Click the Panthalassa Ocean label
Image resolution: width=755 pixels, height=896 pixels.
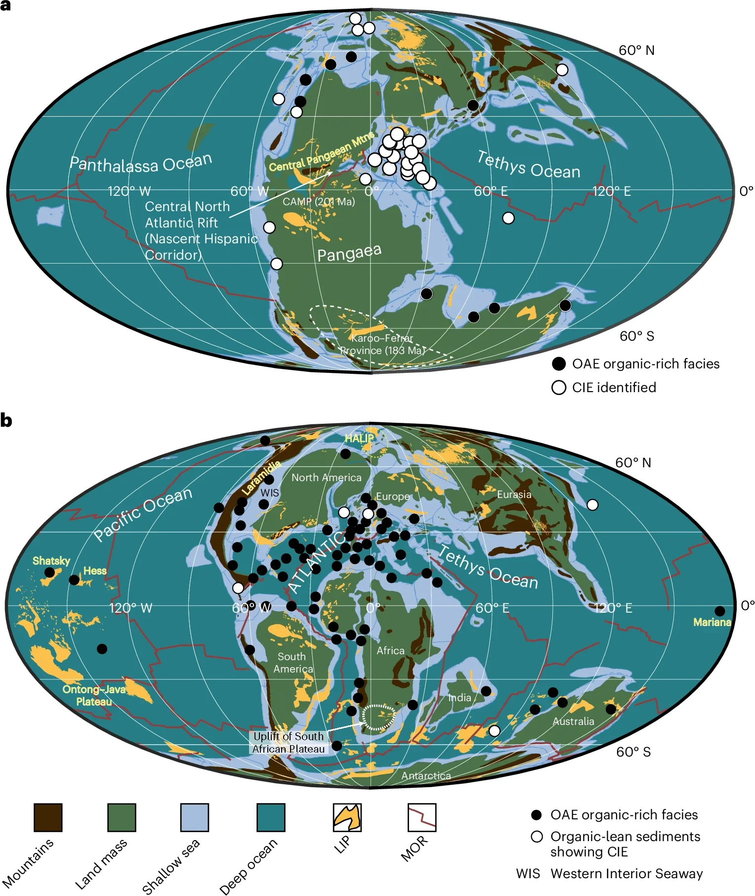point(141,164)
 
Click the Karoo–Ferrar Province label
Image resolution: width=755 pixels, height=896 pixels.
point(382,344)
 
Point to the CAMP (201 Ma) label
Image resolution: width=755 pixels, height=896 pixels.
point(319,202)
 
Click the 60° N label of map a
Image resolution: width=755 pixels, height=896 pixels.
point(636,50)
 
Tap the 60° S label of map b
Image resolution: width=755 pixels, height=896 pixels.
point(633,752)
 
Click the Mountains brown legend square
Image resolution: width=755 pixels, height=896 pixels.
point(48,817)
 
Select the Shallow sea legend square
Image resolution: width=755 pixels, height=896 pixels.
point(195,817)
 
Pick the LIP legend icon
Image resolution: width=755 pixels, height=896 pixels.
point(347,817)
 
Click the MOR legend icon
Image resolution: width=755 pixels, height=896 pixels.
point(422,817)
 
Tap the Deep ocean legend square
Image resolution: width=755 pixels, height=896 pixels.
point(271,817)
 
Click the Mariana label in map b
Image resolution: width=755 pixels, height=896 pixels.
point(712,622)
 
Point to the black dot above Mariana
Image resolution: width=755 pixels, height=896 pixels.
point(720,611)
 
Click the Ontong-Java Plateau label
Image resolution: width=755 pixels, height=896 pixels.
point(94,695)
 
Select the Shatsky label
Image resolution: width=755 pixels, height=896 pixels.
point(51,561)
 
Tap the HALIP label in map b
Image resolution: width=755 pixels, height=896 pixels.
point(359,438)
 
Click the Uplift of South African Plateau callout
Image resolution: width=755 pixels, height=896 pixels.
point(289,743)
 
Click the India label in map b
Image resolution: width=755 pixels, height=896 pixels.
point(460,698)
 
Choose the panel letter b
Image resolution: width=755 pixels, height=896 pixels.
point(6,421)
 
